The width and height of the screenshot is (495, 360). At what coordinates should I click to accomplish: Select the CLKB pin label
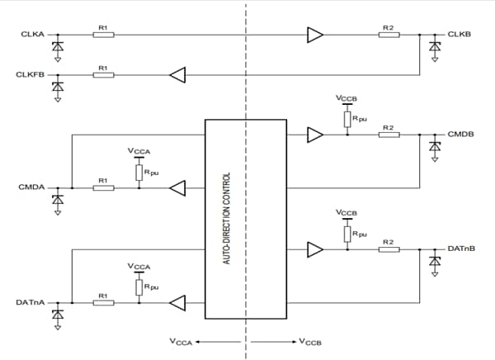click(459, 35)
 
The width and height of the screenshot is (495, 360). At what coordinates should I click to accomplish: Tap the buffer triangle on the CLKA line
click(315, 35)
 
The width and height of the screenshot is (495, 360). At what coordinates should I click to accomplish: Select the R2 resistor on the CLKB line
click(389, 35)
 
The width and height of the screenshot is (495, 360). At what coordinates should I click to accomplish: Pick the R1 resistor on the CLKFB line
click(103, 75)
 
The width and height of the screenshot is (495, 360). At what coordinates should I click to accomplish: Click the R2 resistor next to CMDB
click(389, 134)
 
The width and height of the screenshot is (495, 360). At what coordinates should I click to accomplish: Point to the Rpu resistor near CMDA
click(139, 171)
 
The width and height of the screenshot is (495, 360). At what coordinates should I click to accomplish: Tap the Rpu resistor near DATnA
click(139, 286)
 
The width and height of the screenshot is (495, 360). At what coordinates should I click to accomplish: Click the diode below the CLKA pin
click(57, 47)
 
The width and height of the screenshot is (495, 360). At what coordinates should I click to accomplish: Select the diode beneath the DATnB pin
click(436, 261)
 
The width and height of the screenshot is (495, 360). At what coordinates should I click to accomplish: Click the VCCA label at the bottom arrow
click(181, 341)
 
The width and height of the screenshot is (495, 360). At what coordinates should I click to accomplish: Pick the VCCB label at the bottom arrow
click(311, 341)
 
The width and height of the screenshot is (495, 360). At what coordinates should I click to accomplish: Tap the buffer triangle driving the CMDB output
click(315, 134)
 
